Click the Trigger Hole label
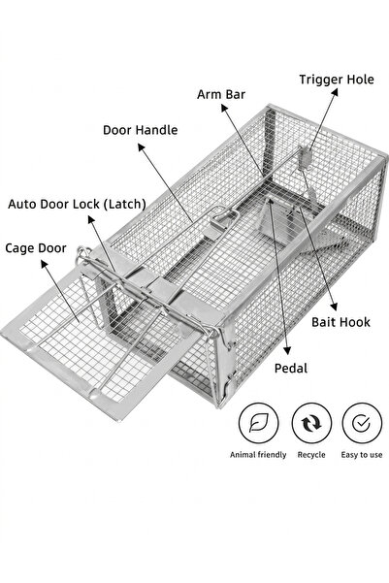point(337,80)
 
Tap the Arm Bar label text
point(221,94)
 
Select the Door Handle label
point(141,130)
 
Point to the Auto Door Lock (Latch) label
point(77,204)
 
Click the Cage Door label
point(36,248)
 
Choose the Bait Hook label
point(340,322)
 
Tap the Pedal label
point(291,369)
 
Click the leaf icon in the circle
point(258,423)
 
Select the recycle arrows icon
point(311,423)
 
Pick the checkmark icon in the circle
point(361,423)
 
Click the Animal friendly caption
point(258,455)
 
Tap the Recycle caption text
point(311,455)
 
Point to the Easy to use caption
point(362,455)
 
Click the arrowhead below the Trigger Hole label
point(335,92)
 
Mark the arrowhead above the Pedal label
point(287,350)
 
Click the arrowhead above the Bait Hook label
point(334,307)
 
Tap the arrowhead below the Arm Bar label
point(224,108)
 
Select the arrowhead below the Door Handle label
point(142,147)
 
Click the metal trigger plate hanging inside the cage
point(305,158)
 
